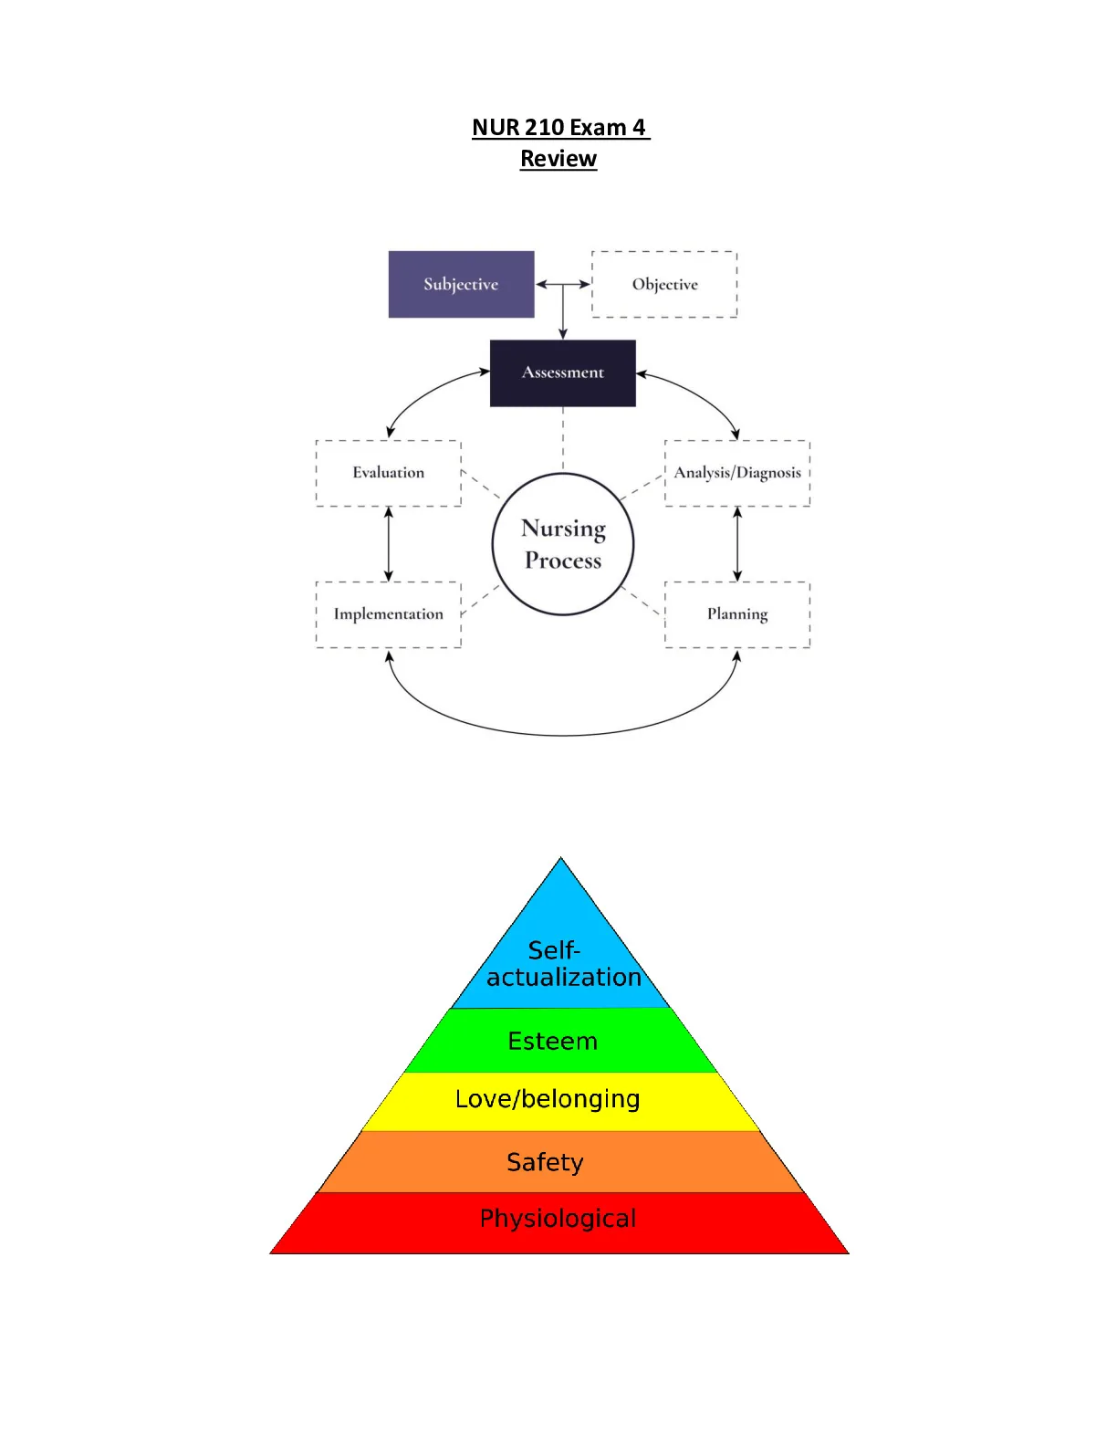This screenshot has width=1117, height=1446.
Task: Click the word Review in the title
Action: [558, 158]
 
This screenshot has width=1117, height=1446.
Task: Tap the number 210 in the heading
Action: [544, 126]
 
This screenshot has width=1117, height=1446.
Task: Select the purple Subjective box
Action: [461, 284]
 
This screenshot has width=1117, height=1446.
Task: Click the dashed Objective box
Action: [664, 284]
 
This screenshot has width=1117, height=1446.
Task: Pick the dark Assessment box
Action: [563, 373]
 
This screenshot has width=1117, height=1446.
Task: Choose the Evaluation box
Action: [389, 473]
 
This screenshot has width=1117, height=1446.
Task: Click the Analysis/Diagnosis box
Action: [737, 473]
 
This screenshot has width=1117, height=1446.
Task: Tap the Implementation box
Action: [389, 615]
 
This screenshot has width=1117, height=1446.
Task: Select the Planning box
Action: [737, 615]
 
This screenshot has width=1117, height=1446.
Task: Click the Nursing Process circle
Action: [563, 475]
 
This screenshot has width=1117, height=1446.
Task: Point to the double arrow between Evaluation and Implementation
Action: [389, 544]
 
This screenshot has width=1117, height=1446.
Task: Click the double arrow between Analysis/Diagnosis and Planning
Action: [737, 544]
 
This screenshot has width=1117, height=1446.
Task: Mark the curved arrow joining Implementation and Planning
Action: [563, 735]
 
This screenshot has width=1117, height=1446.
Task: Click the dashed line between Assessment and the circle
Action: [563, 440]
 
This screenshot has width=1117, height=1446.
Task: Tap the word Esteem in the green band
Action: [552, 1041]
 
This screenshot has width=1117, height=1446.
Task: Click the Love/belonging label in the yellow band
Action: [548, 1099]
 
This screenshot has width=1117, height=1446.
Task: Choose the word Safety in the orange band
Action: [545, 1162]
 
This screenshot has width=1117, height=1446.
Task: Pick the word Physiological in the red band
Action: [558, 1219]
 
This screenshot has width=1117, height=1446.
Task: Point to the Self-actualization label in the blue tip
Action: [563, 964]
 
